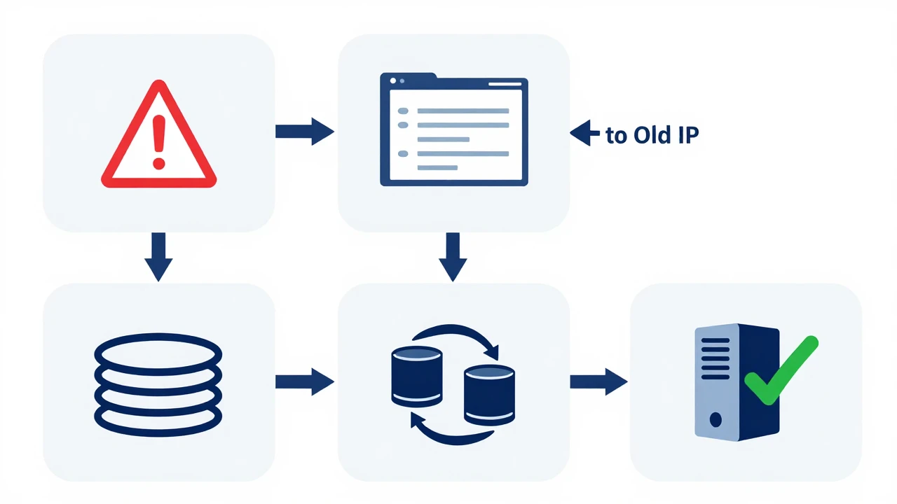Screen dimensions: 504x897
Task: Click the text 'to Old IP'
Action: click(652, 135)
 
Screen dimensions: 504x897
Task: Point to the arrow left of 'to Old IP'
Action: click(585, 132)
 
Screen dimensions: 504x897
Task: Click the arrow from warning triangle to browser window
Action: click(304, 131)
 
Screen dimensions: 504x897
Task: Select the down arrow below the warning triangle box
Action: click(158, 256)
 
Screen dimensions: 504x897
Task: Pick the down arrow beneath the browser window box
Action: click(453, 256)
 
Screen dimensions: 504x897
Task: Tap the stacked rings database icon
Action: click(158, 382)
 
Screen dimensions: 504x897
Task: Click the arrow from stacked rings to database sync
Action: click(304, 381)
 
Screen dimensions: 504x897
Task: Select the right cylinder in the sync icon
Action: click(490, 394)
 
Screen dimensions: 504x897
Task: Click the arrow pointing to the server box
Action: click(598, 381)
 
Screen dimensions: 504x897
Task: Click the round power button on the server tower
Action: click(715, 419)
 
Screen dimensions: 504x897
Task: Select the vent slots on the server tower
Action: click(715, 358)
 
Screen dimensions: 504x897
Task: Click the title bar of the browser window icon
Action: click(453, 83)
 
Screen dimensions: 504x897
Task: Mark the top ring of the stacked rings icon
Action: click(158, 349)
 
